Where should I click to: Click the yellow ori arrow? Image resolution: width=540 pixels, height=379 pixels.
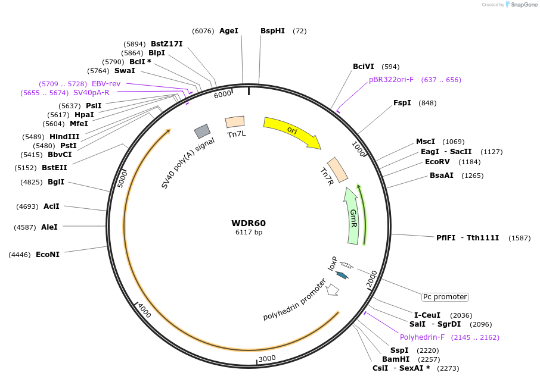292,132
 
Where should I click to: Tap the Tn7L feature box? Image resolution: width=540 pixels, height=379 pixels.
235,122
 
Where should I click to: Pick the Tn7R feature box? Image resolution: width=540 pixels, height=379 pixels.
338,170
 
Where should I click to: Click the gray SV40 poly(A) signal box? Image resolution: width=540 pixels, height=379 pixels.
202,131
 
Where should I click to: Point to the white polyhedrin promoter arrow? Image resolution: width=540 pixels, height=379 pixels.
333,290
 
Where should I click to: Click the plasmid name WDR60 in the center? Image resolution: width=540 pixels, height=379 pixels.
249,223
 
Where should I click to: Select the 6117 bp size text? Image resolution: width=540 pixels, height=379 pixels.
249,232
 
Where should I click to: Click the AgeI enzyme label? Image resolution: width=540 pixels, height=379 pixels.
229,30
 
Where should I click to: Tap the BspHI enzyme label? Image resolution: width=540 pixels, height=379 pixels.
273,30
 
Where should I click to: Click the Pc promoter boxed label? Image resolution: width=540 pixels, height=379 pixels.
445,296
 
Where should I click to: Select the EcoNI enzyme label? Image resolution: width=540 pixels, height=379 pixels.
48,254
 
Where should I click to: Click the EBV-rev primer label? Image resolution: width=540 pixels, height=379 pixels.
106,84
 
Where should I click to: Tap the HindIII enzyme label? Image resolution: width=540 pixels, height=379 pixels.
64,136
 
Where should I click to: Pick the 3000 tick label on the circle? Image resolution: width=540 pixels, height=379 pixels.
267,358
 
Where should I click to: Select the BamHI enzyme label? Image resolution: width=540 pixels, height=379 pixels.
396,359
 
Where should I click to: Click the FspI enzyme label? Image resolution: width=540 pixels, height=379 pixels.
402,103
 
